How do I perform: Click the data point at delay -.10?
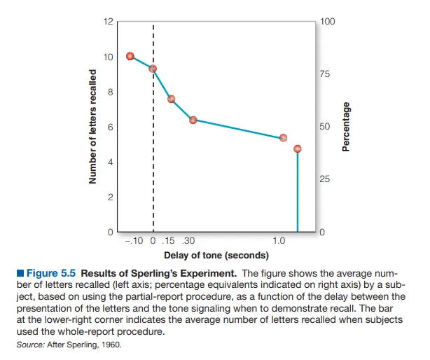[130, 56]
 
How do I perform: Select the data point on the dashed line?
[153, 69]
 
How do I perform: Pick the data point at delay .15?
[171, 99]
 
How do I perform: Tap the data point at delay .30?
[193, 120]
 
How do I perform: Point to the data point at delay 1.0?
[283, 138]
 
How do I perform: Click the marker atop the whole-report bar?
[298, 148]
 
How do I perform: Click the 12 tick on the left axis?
[107, 22]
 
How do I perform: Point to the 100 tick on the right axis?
[327, 22]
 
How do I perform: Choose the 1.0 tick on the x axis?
[279, 240]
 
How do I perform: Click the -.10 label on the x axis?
[132, 240]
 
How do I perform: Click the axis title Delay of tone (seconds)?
[216, 255]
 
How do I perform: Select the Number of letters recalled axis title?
[92, 126]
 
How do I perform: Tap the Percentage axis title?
[345, 126]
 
